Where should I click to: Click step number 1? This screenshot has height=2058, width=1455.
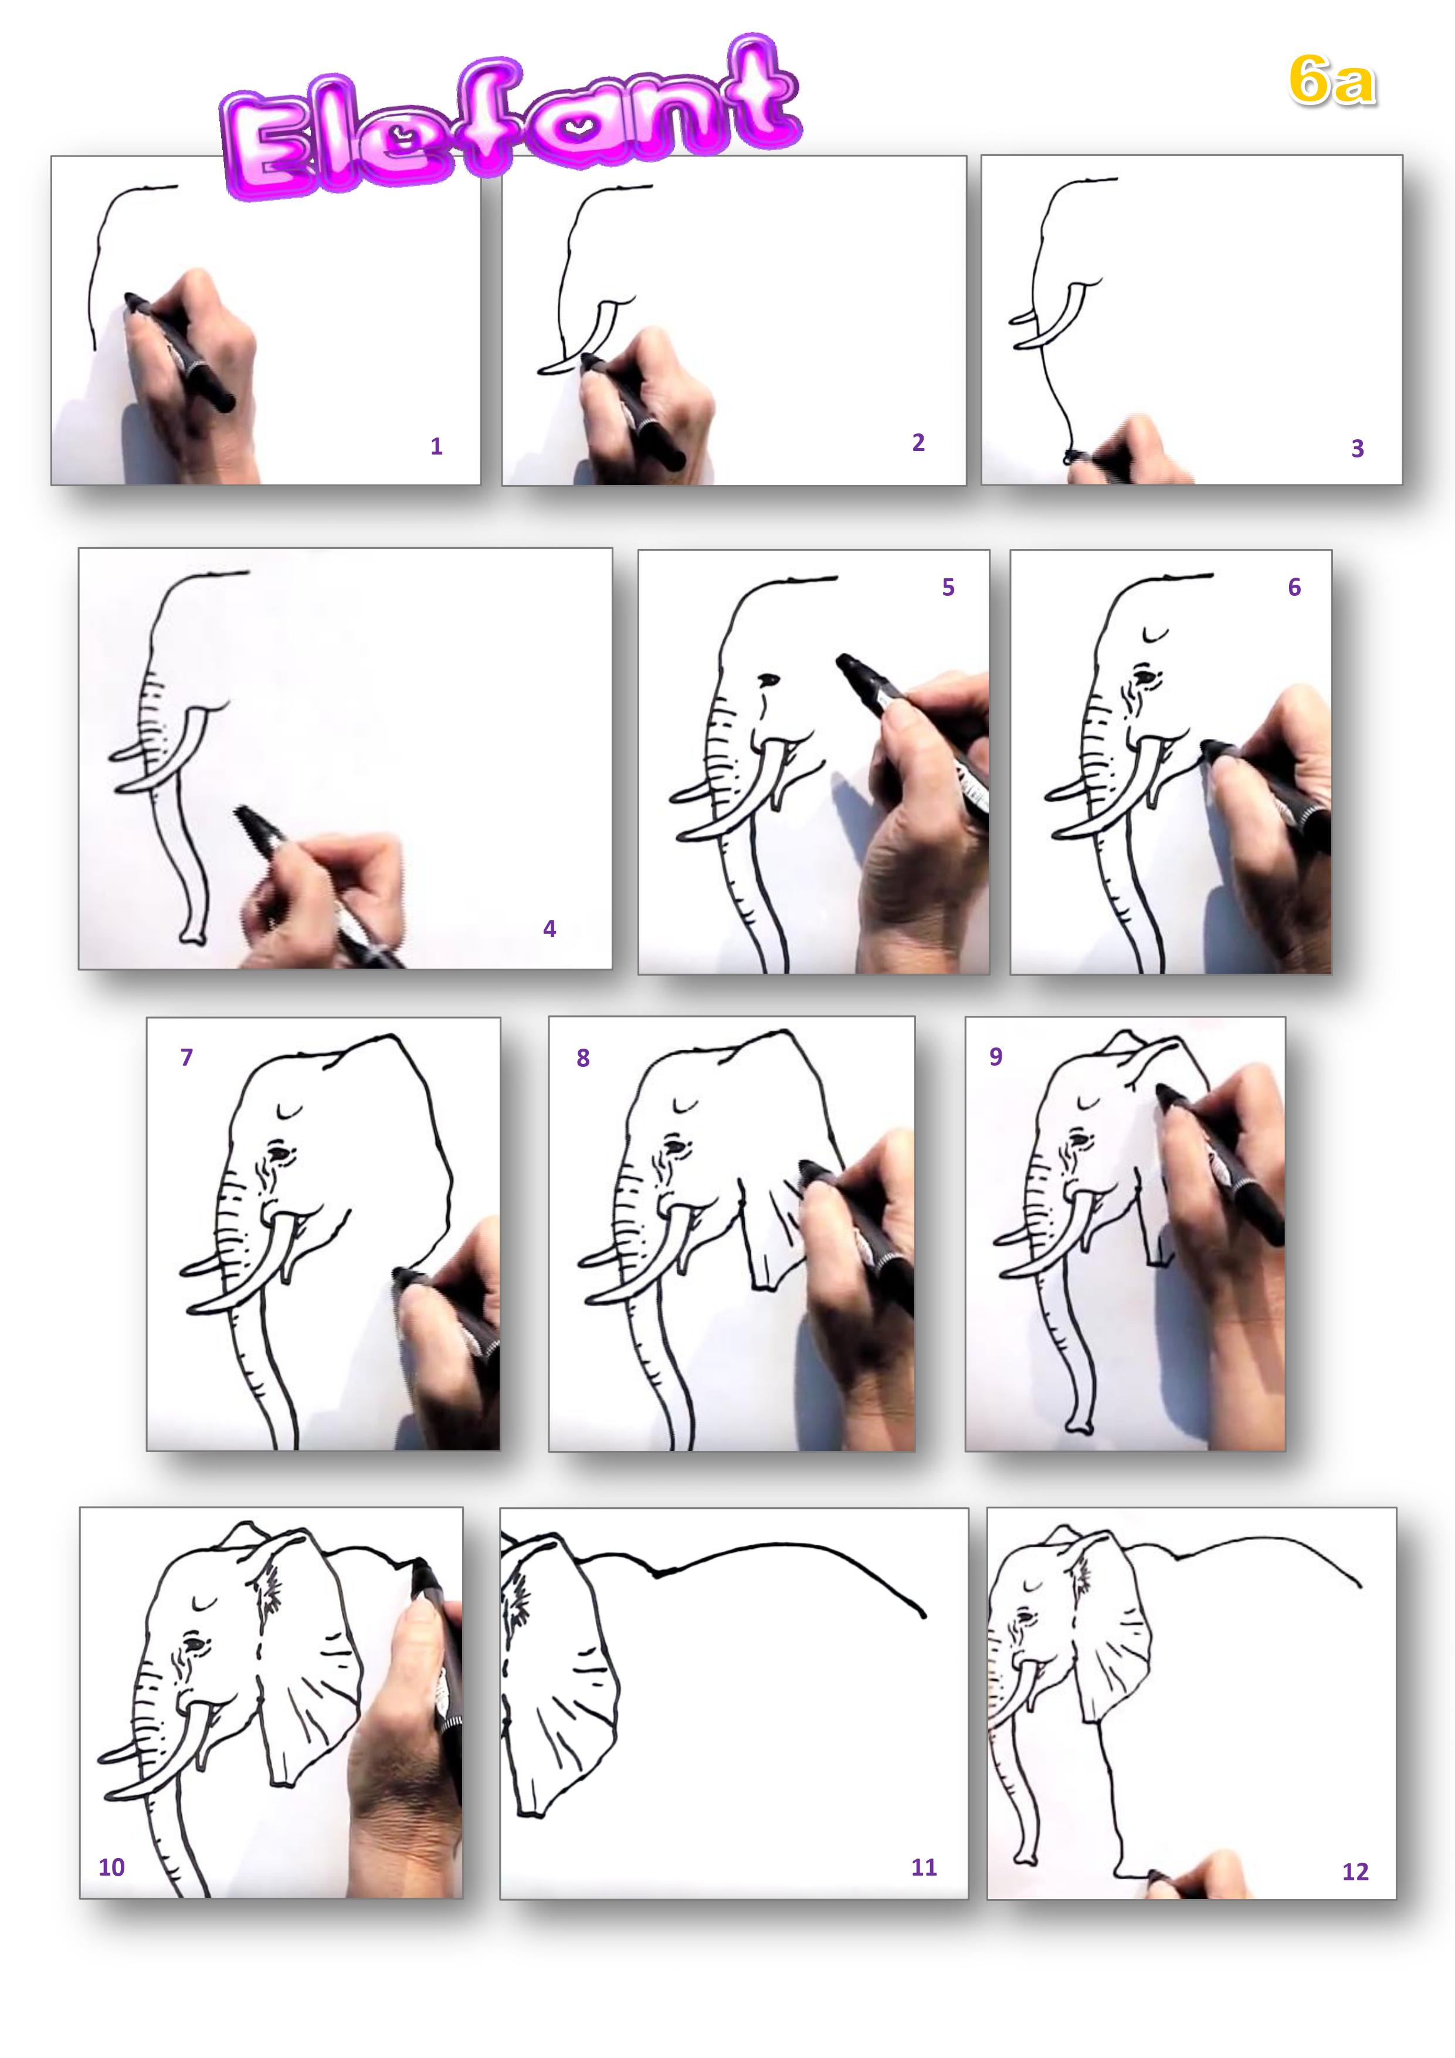(436, 446)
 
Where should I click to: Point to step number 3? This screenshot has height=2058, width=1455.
(1357, 448)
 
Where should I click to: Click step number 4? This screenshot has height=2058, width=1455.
(550, 928)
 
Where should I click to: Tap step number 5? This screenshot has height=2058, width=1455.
(948, 587)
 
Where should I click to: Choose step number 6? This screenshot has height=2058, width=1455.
(1294, 587)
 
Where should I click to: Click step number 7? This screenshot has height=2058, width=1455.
(186, 1057)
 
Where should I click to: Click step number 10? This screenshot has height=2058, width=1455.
(111, 1867)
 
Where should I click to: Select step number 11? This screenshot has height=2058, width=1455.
(924, 1867)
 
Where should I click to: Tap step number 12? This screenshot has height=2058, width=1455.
(1355, 1871)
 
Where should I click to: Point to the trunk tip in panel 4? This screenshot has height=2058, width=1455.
(193, 938)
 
